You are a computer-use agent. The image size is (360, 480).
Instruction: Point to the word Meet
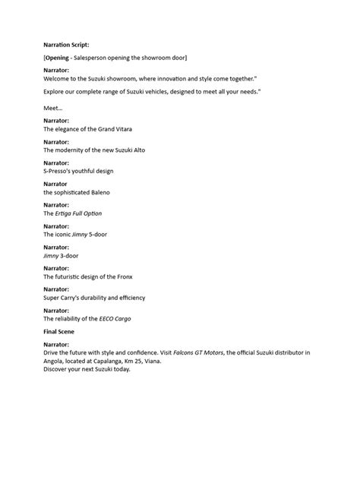(52, 109)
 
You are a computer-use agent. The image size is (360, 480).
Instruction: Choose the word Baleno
(98, 193)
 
